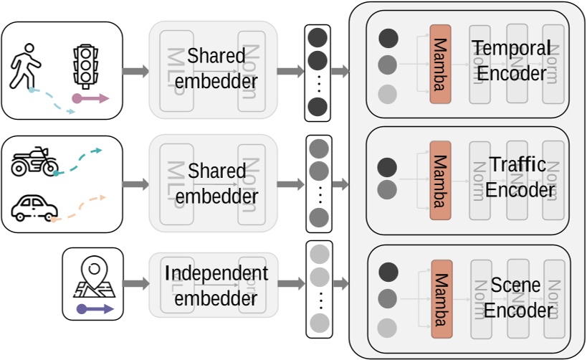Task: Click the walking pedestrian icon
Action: tap(25, 64)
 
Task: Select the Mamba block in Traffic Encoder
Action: tap(440, 180)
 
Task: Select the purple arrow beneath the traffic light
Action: tap(91, 98)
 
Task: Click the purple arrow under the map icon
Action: tap(94, 309)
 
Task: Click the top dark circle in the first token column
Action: tap(318, 37)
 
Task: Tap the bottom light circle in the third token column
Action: tap(318, 321)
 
